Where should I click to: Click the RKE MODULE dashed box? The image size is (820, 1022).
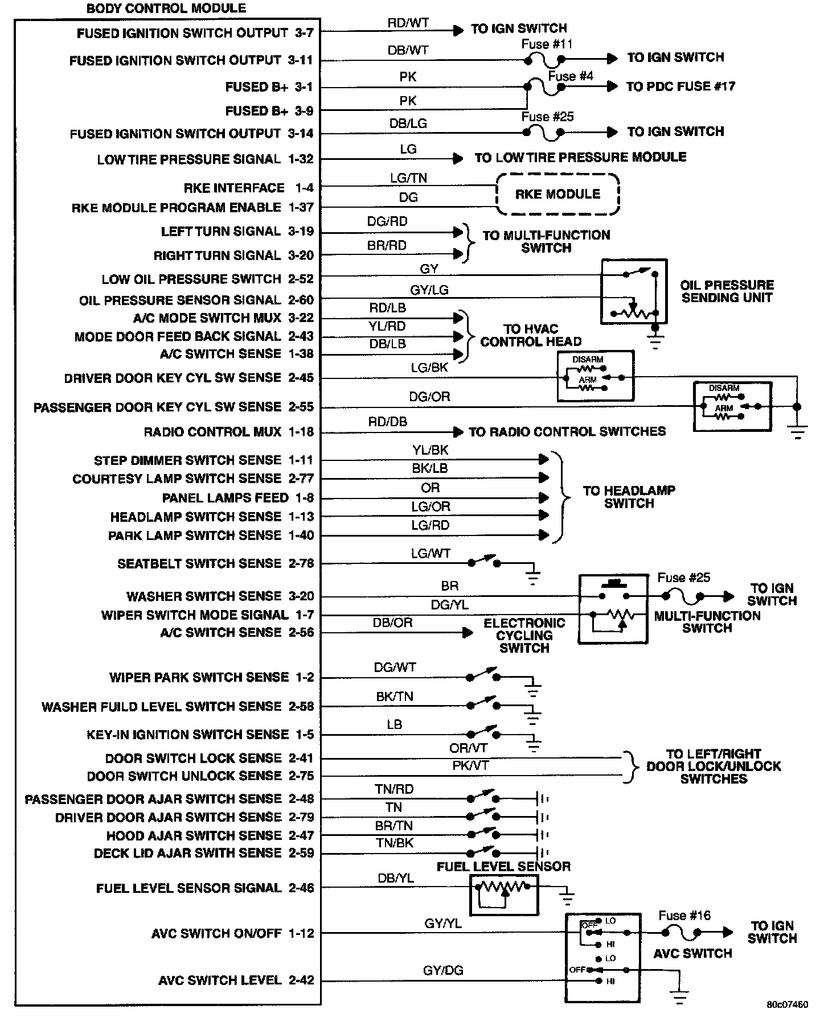point(557,194)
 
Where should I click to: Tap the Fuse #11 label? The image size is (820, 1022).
point(547,44)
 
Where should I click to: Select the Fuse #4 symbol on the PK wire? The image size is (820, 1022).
point(544,87)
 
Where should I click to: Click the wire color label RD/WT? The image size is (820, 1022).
point(408,23)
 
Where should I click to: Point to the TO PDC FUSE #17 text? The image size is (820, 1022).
point(680,86)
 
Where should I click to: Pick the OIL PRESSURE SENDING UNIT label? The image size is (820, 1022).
point(727,291)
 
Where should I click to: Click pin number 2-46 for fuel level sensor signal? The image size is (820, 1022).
point(301,888)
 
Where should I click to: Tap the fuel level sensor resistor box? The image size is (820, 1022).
point(504,895)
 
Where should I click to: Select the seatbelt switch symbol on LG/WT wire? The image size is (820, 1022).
point(483,562)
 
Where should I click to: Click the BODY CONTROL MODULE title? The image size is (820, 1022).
point(166,9)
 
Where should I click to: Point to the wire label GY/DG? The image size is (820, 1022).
point(442,970)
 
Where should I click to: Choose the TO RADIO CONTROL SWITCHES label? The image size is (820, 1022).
point(567,431)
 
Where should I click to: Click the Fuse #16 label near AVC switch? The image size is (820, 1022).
point(684,915)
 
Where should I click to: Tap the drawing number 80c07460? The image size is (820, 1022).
point(787,1004)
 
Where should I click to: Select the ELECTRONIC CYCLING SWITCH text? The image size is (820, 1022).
point(524,635)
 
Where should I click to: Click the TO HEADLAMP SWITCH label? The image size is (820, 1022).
point(629,497)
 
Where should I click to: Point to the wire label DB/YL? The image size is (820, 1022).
point(396,878)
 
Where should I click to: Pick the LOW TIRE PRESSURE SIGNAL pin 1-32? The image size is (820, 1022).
point(301,159)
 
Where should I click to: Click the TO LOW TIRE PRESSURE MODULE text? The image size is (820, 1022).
point(580,157)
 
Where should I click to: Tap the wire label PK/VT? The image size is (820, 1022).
point(470,765)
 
